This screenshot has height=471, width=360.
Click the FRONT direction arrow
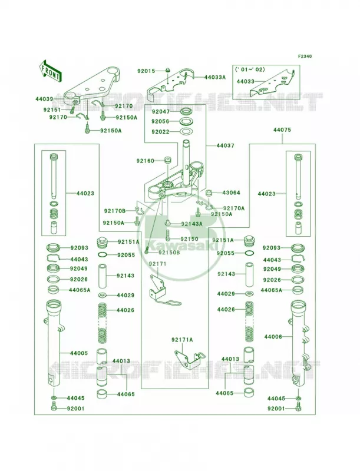coord(50,71)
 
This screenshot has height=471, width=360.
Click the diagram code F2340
coord(305,56)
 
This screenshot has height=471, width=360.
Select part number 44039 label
coord(44,99)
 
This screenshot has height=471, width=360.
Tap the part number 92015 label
coord(146,71)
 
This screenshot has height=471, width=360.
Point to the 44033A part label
coord(215,77)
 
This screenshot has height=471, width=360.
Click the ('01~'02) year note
coord(250,69)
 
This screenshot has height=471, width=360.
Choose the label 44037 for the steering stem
coord(226,145)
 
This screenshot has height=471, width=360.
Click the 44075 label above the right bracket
coord(282,130)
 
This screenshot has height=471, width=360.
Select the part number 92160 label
coord(145,161)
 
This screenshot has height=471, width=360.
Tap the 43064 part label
coord(231,193)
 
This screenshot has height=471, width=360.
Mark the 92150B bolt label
coord(169,253)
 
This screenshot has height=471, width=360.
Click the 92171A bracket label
coord(183,340)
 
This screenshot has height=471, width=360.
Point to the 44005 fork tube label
coord(79,353)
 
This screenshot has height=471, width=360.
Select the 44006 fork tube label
coord(273,337)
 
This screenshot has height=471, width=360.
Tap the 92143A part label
coord(191,224)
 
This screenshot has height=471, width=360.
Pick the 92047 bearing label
coord(160,111)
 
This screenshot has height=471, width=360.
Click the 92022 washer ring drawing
coord(186,131)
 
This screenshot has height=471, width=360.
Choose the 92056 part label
coord(160,122)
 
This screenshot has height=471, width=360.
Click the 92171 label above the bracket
coord(157,264)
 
